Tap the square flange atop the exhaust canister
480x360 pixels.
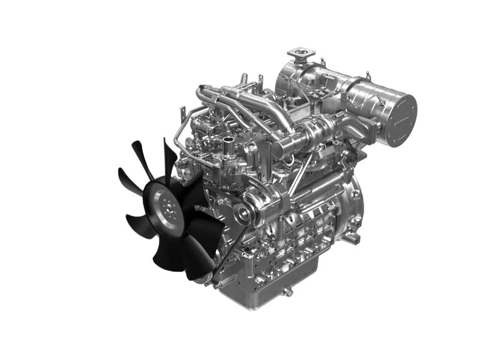pyautogui.click(x=299, y=56)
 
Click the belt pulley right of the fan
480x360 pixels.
pyautogui.click(x=244, y=210)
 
